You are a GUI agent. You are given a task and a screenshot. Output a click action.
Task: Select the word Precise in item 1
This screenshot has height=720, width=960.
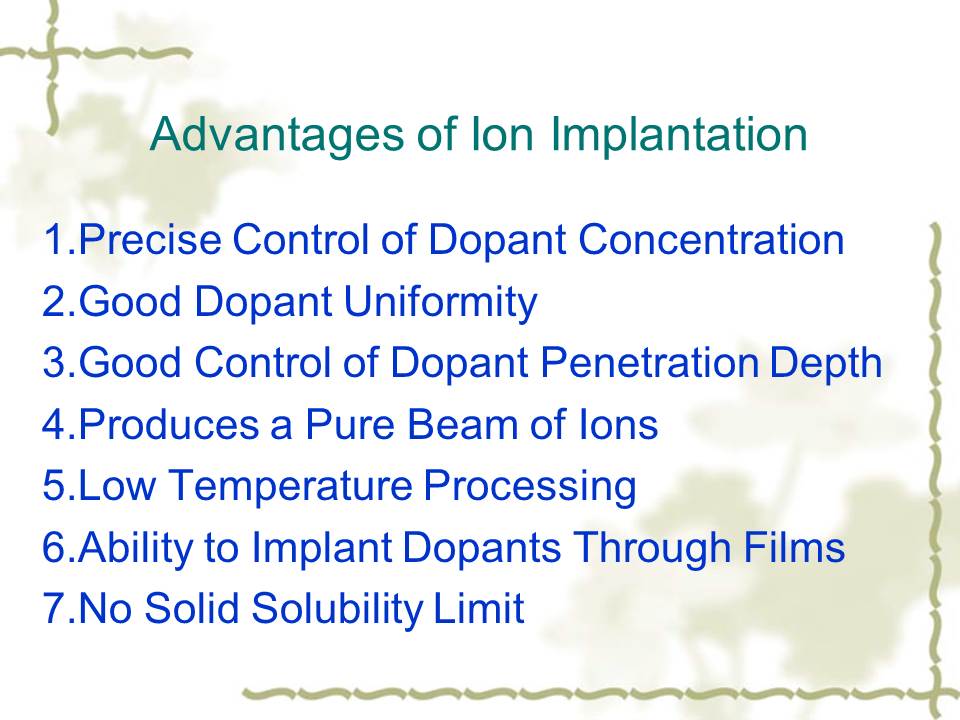[x=149, y=239]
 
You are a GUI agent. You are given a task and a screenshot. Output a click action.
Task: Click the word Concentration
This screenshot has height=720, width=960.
[x=711, y=239]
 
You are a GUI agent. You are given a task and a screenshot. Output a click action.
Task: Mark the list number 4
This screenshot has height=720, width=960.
[x=53, y=424]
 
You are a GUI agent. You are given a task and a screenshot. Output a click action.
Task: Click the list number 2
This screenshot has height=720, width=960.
[x=53, y=301]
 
